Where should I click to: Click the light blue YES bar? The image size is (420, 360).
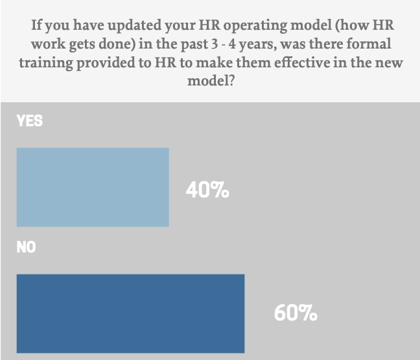93,187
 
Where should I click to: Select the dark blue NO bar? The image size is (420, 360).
130,313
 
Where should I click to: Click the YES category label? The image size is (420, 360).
30,120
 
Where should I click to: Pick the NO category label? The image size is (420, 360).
27,247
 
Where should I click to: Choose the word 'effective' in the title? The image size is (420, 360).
297,64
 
